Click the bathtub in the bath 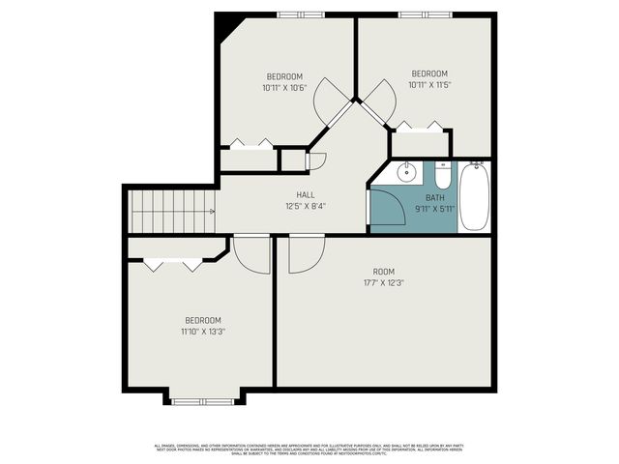tap(474, 197)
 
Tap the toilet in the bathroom tap(442, 174)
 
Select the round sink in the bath tap(407, 173)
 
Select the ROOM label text tap(384, 272)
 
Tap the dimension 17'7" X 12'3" tap(384, 283)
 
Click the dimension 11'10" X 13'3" tap(203, 332)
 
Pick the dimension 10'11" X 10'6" tap(284, 88)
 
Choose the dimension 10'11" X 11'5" tap(429, 85)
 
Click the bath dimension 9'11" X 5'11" tap(434, 208)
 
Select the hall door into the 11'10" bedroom tap(251, 253)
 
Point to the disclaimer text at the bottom tap(309, 448)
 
